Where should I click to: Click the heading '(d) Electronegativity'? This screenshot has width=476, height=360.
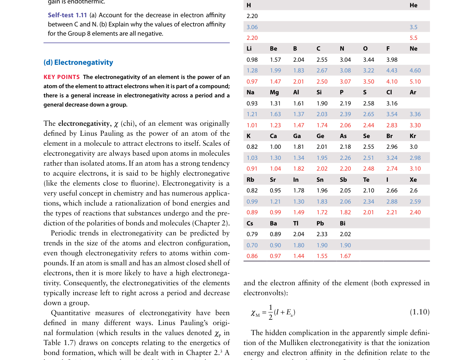coord(78,62)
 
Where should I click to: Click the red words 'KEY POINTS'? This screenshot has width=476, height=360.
coord(62,77)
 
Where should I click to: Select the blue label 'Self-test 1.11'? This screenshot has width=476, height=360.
coord(67,15)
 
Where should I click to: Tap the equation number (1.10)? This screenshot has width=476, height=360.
coord(420,312)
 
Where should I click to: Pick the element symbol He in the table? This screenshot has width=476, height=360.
coord(413,5)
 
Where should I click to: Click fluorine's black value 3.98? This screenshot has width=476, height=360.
coord(392,60)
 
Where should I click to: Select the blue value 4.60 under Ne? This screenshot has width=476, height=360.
coord(415,71)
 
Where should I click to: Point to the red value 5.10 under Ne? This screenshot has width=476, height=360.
coord(415,82)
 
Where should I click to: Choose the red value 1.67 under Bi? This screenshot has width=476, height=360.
coord(345,256)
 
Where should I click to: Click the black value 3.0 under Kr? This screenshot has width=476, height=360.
coord(413,147)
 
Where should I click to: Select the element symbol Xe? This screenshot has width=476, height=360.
coord(413,180)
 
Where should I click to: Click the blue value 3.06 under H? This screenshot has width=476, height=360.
coord(252,27)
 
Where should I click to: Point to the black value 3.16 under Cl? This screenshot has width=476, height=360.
coord(392,104)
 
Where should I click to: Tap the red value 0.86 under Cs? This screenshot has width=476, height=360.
coord(252,256)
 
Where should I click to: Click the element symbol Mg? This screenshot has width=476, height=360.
coord(274,92)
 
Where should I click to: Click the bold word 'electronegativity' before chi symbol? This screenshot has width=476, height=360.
coord(84,123)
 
